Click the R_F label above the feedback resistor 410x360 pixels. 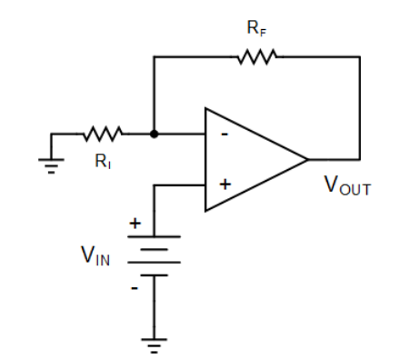256,28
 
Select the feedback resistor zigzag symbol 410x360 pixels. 256,57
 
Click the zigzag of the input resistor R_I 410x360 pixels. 103,135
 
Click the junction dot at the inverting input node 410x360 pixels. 154,135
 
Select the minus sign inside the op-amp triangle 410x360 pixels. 224,135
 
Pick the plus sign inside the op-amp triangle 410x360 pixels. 225,185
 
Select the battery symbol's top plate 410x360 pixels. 154,236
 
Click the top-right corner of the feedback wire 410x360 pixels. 360,57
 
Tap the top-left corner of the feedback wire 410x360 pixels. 154,57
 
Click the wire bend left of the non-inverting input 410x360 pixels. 154,185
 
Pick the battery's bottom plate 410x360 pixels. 154,274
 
